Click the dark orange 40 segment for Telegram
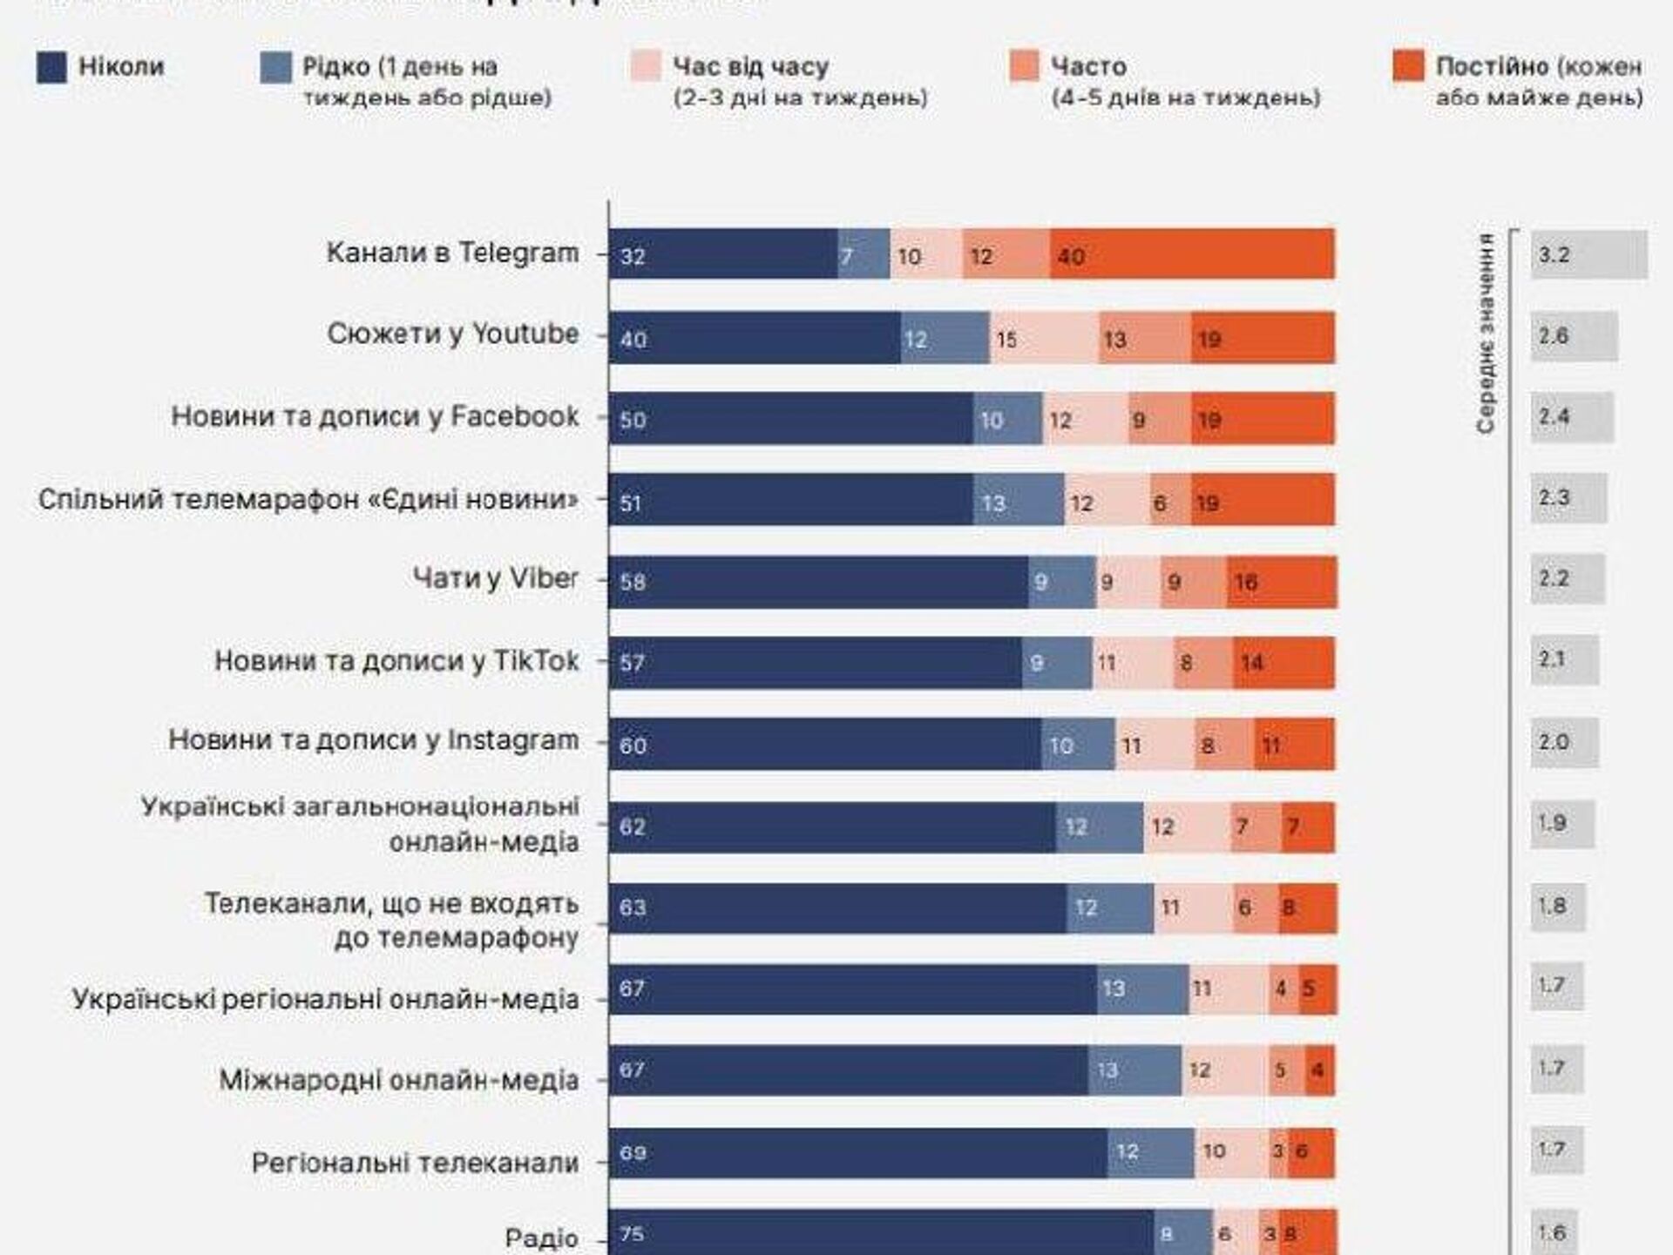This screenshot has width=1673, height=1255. (1192, 254)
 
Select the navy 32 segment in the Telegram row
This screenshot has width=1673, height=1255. (723, 254)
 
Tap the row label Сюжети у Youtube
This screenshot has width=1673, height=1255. (452, 334)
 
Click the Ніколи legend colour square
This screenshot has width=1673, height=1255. (51, 68)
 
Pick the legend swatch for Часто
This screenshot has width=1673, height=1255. (1024, 66)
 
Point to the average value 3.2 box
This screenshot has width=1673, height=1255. (1588, 254)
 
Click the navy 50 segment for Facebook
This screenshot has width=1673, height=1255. (790, 419)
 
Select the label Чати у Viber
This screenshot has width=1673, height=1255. (495, 578)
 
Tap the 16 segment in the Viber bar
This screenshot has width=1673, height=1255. (1281, 582)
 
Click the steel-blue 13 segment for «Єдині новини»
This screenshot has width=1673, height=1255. (1018, 501)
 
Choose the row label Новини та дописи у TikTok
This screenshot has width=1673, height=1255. (396, 661)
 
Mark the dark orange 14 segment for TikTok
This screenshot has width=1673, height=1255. (1284, 663)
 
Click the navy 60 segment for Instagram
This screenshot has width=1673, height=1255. (824, 745)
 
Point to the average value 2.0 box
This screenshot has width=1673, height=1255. (1564, 742)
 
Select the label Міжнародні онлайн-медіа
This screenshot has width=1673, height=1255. (398, 1080)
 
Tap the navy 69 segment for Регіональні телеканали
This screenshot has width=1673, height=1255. (857, 1153)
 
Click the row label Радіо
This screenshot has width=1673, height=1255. (541, 1238)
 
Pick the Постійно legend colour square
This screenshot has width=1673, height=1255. (1408, 66)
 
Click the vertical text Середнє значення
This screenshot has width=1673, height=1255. (1486, 333)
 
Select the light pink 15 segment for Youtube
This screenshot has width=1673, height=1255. (1044, 338)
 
